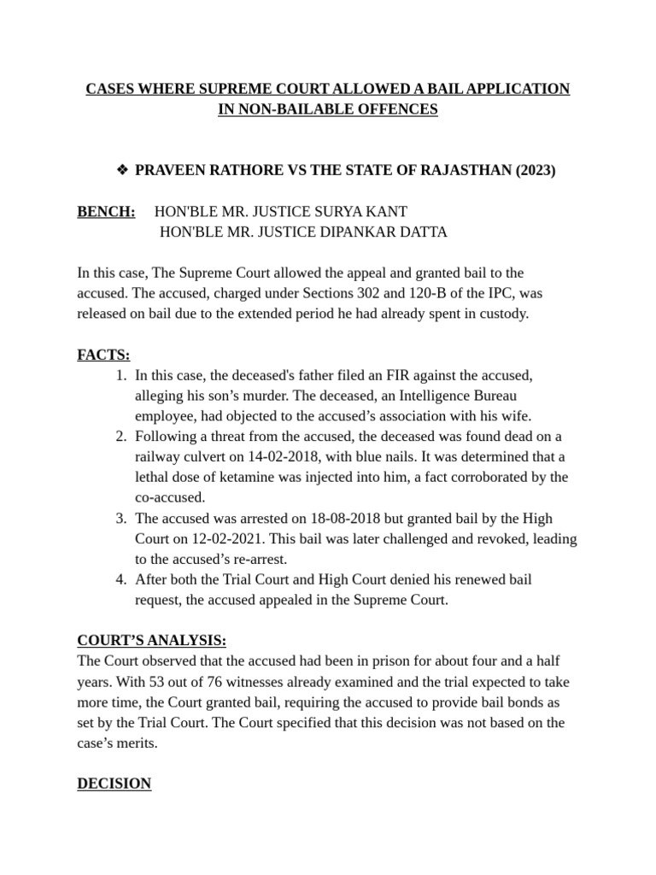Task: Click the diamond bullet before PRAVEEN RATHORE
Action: pos(121,170)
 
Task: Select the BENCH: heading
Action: pos(106,210)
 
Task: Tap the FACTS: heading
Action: pos(103,354)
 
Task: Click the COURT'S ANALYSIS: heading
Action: pos(151,641)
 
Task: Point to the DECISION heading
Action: pos(114,784)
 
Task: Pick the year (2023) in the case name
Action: pos(535,170)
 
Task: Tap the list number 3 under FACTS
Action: pos(120,518)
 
